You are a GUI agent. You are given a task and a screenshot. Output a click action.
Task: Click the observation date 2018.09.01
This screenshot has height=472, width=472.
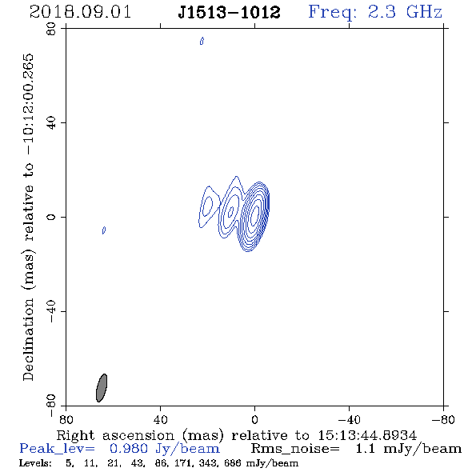coord(80,12)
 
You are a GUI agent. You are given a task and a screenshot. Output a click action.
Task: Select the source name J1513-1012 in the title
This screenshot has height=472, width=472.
coord(229,12)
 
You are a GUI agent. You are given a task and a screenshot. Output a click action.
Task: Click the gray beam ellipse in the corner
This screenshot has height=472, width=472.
coord(102,388)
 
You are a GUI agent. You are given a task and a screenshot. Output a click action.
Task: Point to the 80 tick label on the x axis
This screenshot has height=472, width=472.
coord(66,419)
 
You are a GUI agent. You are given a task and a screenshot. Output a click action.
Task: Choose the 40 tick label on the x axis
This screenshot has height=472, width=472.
coord(160,419)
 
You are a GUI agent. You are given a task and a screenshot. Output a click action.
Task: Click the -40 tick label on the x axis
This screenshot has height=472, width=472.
coord(349,419)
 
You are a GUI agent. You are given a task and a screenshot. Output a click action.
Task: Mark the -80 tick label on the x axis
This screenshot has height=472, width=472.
coord(443,419)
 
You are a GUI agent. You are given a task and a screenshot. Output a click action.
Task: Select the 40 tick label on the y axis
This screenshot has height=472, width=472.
coord(51,123)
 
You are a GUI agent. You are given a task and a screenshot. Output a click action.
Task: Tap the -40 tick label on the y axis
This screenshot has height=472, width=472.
coord(51,311)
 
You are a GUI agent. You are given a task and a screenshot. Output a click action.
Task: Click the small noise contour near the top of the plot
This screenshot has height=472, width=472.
coord(202,41)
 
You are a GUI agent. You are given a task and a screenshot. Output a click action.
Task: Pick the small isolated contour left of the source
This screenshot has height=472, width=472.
coord(104,230)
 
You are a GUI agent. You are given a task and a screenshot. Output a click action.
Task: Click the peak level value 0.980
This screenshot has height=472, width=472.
coord(129,449)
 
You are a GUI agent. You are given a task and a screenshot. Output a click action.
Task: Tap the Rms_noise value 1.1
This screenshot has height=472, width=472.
coord(365,449)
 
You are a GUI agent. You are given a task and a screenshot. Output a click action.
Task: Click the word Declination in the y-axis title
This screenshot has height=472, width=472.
coord(28,339)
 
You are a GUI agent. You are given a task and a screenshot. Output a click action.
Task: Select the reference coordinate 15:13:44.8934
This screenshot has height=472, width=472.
coord(367,435)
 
